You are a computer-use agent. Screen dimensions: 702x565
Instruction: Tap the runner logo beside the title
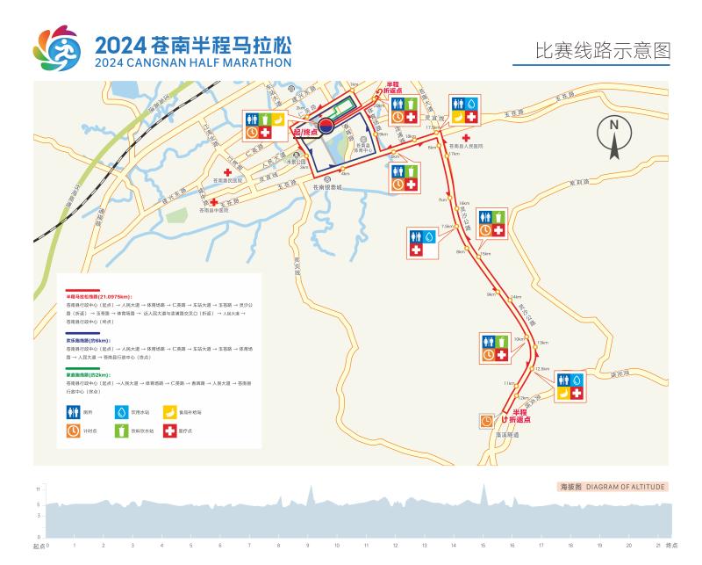tap(57, 48)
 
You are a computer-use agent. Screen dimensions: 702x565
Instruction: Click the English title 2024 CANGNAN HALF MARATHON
tap(193, 63)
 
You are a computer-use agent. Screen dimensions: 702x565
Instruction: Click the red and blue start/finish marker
tap(326, 125)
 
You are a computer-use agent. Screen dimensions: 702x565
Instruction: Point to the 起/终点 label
tap(307, 133)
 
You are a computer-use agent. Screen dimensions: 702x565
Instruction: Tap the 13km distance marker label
tap(542, 342)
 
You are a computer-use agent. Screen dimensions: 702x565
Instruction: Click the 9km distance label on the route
tap(491, 295)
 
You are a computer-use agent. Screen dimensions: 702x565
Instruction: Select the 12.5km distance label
tap(542, 369)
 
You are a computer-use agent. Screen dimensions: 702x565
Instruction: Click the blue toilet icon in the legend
tap(73, 411)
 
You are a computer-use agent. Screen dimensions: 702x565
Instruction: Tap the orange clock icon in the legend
tap(73, 431)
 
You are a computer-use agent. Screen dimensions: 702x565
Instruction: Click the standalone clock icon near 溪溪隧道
tap(487, 421)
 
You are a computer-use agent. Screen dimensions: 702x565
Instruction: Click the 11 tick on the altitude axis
tap(38, 488)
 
